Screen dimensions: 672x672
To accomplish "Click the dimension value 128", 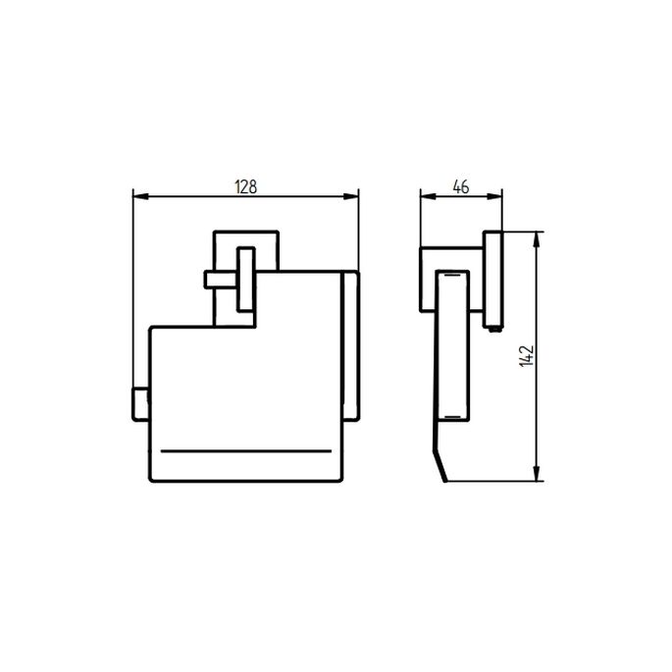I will point(245,186).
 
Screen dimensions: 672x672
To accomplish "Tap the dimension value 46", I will point(461,186).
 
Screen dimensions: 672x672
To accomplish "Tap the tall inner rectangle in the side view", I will point(453,348).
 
